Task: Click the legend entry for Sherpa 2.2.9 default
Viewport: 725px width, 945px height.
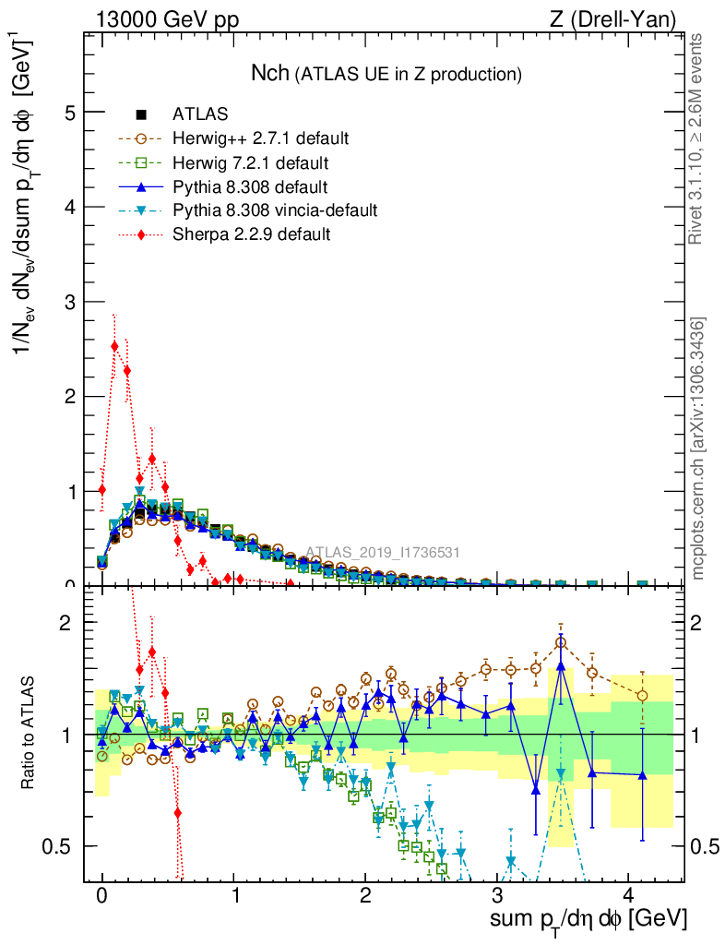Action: tap(251, 234)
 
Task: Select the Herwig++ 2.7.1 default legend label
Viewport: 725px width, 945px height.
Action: tap(260, 139)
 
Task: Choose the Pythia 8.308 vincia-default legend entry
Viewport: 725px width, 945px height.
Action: tap(275, 210)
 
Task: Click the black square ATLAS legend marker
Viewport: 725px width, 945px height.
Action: tap(141, 115)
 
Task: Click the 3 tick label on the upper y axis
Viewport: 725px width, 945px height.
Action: tap(69, 302)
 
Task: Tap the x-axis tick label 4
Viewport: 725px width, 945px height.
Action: tap(629, 896)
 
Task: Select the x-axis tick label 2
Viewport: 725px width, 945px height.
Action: tap(366, 896)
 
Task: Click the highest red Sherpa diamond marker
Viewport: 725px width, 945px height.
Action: tap(114, 347)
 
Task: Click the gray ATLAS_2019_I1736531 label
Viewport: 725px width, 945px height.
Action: tap(382, 553)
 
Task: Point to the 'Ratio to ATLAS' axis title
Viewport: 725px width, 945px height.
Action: tap(30, 735)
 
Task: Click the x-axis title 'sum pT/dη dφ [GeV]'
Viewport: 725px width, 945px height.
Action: tap(588, 919)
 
